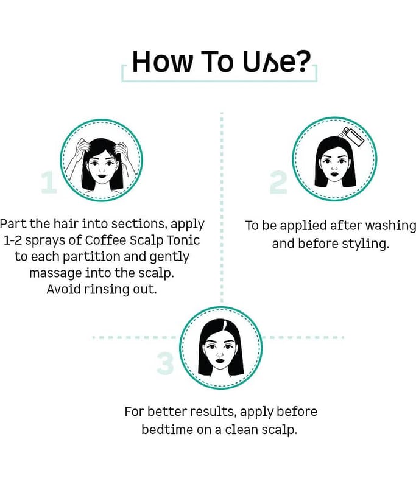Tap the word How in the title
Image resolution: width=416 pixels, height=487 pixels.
(x=162, y=62)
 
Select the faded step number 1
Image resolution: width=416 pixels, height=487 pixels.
(x=49, y=183)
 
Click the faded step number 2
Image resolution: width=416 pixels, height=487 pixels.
(x=278, y=182)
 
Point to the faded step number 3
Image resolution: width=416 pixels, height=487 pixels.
(x=165, y=363)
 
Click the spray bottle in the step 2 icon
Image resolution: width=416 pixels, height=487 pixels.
(x=353, y=137)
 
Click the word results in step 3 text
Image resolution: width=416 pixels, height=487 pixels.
(x=212, y=412)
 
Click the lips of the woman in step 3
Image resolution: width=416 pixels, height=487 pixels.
(x=220, y=361)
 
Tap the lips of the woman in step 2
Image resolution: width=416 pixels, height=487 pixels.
(x=334, y=173)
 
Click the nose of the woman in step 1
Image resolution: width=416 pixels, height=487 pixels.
(x=102, y=170)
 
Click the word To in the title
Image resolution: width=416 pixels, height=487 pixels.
(x=217, y=62)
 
